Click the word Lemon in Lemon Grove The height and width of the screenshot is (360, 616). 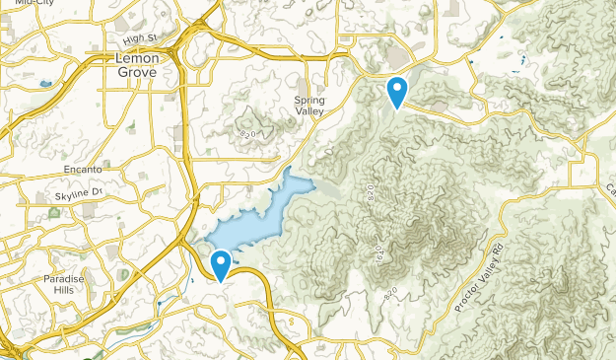[x=135, y=58]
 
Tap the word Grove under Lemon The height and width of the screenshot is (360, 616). [x=135, y=71]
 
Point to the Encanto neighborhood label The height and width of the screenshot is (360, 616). [x=83, y=170]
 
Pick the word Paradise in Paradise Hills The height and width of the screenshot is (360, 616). [x=63, y=280]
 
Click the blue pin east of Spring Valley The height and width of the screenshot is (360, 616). [x=397, y=92]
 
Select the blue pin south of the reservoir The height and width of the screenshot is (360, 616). [x=222, y=263]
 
